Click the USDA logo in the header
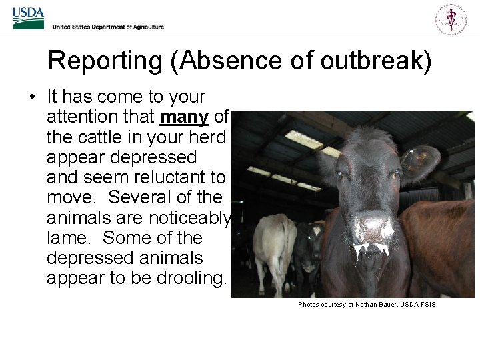(x=28, y=18)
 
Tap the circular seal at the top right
(x=451, y=18)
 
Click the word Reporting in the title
(x=105, y=61)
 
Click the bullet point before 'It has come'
(x=32, y=97)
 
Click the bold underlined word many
(x=185, y=117)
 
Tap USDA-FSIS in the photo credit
(x=418, y=305)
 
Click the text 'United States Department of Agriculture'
(x=108, y=27)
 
